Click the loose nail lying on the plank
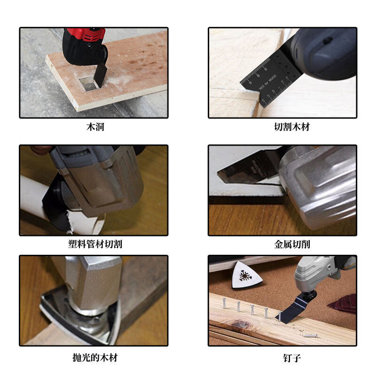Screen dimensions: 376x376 (x=311, y=335)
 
